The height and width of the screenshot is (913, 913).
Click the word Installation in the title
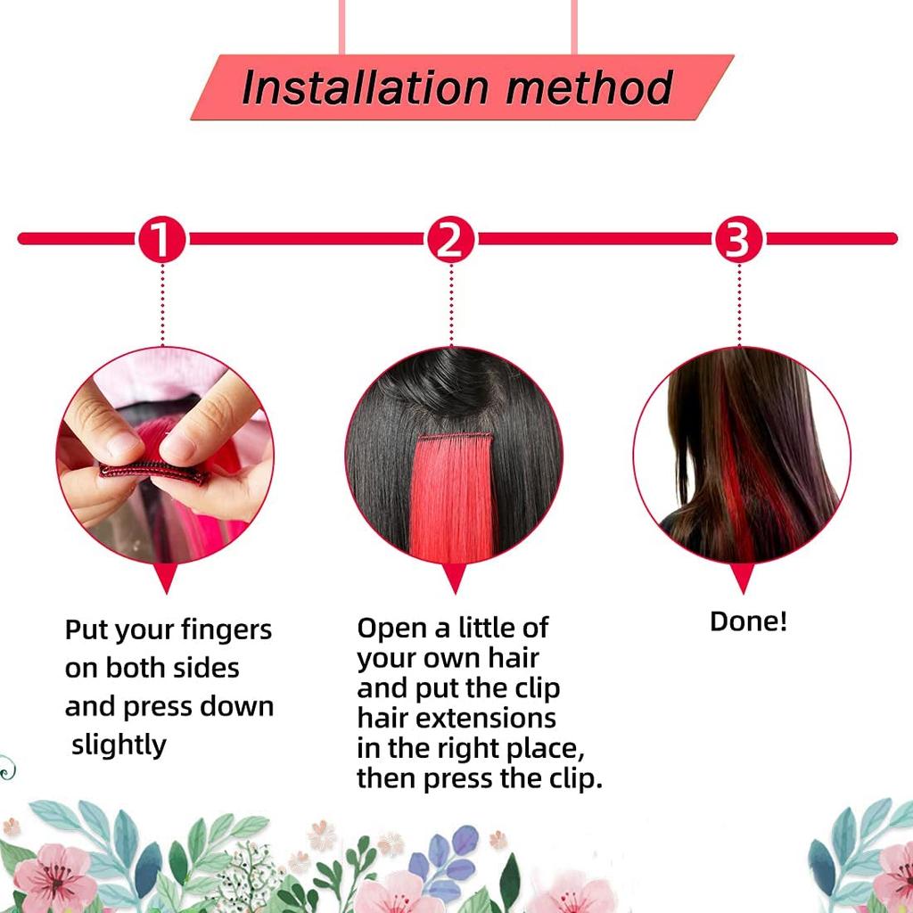pos(366,87)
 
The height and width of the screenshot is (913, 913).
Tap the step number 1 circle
pos(161,239)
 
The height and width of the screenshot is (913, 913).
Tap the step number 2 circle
pos(450,239)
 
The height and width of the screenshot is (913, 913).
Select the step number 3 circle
pos(738,239)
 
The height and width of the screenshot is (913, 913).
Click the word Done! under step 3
pos(748,621)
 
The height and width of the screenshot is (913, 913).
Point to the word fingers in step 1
pos(227,630)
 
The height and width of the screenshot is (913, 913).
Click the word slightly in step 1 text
pos(119,744)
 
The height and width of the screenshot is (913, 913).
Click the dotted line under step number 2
pos(451,303)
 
